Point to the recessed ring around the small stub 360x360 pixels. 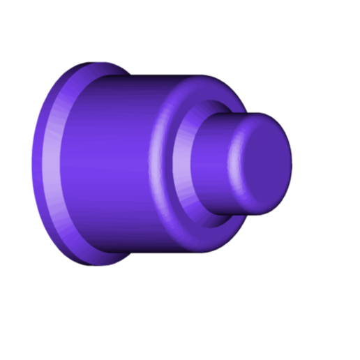(x=183, y=167)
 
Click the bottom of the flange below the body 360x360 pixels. (x=91, y=262)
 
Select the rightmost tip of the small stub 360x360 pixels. (x=291, y=162)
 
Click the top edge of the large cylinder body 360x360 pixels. (x=153, y=76)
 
